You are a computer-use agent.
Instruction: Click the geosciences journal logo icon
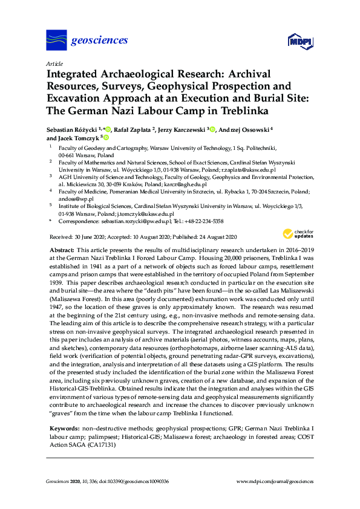(56, 41)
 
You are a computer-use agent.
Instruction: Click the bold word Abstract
(61, 250)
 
